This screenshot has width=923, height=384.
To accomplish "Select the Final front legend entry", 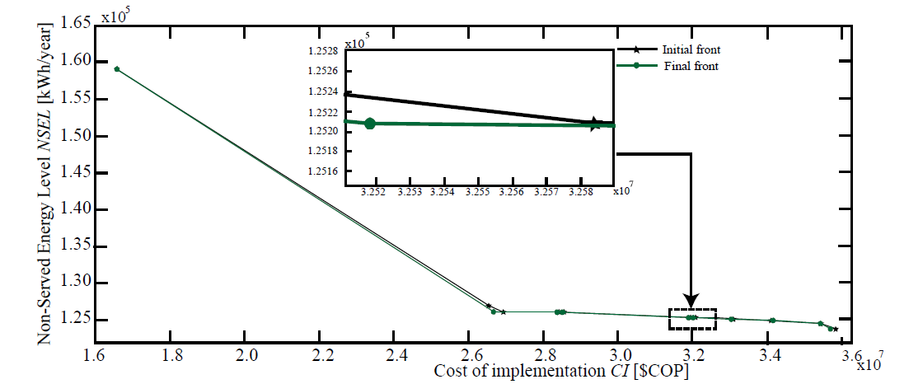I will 690,66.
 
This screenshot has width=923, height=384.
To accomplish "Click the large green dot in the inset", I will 370,124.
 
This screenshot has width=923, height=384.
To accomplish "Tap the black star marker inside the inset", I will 594,124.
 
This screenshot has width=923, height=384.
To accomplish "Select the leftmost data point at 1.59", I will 117,69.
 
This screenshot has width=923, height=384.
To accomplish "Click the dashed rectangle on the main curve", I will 692,320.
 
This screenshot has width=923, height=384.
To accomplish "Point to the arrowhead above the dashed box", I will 691,301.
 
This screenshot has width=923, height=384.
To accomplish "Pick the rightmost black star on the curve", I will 836,329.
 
